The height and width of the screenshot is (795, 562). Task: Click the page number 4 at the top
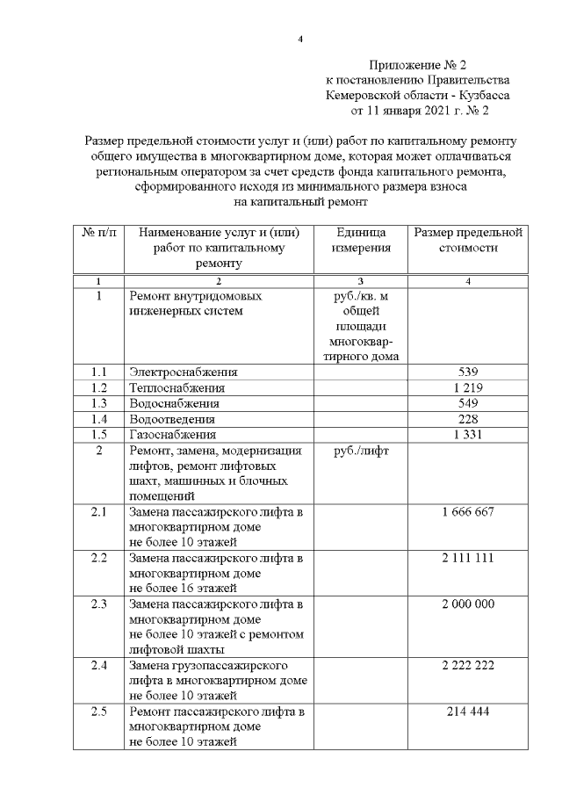(x=300, y=39)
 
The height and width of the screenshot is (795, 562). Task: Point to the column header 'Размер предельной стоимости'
(x=468, y=240)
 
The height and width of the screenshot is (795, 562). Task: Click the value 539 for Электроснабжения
(x=468, y=372)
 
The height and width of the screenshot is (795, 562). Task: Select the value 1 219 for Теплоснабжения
(x=468, y=387)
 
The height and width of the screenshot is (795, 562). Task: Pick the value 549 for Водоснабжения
(x=468, y=403)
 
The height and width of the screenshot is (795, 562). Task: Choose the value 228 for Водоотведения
(x=468, y=419)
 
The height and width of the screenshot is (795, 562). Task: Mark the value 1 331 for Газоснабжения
(x=468, y=435)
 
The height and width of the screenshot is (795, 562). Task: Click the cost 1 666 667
(x=468, y=511)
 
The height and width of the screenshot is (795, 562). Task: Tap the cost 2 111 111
(x=468, y=559)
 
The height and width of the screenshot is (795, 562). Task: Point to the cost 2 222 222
(x=468, y=665)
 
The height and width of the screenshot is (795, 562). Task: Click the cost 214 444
(x=468, y=711)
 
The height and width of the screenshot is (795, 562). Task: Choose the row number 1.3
(x=98, y=403)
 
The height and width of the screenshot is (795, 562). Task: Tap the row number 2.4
(x=98, y=665)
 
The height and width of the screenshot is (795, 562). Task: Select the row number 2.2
(x=98, y=559)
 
